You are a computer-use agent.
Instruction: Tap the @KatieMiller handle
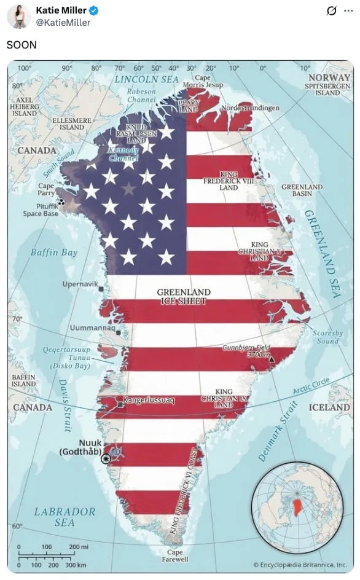tap(63, 23)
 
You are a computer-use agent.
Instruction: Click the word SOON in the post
tap(22, 45)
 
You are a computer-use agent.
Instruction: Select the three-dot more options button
tap(349, 11)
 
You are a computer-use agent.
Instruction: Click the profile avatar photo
tap(19, 17)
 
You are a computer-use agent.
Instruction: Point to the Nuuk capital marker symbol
tap(106, 458)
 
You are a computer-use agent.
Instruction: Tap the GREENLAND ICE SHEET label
tap(183, 297)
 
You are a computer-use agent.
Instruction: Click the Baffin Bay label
tap(54, 253)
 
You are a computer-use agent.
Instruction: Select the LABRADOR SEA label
tap(65, 517)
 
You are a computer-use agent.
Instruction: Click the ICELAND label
tap(329, 407)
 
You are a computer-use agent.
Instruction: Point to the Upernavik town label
tap(80, 284)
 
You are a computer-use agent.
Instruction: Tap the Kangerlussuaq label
tap(149, 401)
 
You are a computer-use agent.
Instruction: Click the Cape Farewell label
tap(175, 556)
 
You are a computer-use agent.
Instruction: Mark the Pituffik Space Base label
tap(41, 210)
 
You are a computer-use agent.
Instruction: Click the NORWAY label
tap(329, 78)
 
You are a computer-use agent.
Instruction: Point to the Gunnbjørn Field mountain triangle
tap(271, 359)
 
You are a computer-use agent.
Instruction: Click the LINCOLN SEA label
tap(146, 79)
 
